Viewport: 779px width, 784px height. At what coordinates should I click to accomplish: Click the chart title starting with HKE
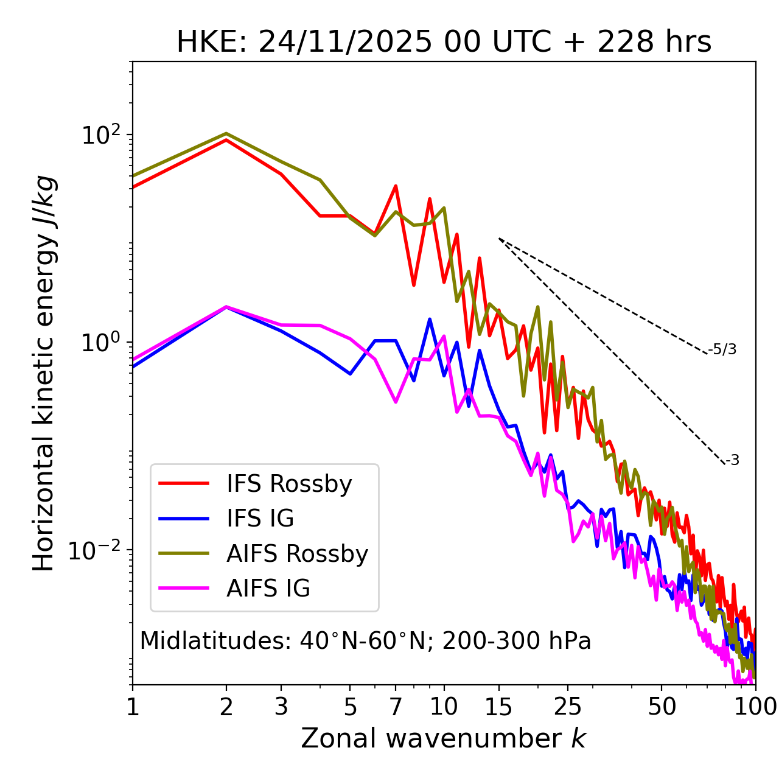click(x=444, y=43)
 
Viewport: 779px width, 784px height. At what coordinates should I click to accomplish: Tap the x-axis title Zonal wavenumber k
click(x=443, y=738)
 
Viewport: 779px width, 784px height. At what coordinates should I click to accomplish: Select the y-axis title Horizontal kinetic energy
click(x=44, y=373)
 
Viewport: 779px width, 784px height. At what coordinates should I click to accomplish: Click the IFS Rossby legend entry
click(x=289, y=484)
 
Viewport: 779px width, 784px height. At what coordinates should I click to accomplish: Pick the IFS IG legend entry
click(x=260, y=519)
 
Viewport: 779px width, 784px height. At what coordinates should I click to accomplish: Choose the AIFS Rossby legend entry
click(x=297, y=553)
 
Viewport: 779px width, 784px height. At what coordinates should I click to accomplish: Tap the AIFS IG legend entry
click(x=268, y=588)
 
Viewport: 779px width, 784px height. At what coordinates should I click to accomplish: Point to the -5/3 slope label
click(x=722, y=349)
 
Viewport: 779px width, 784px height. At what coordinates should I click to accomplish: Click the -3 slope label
click(x=732, y=460)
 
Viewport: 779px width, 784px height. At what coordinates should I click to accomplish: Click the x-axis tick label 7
click(x=396, y=707)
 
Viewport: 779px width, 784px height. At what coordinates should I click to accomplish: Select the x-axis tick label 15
click(x=498, y=707)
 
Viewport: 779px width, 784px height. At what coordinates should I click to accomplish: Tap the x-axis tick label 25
click(x=567, y=707)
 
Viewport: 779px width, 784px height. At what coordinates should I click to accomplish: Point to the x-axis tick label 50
click(x=662, y=707)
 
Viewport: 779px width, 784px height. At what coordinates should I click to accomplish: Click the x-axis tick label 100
click(x=755, y=707)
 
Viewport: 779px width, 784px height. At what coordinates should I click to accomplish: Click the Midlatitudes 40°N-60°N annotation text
click(x=365, y=641)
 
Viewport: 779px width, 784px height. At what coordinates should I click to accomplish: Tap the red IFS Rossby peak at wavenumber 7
click(x=396, y=186)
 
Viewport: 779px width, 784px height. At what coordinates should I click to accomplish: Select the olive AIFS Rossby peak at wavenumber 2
click(x=226, y=133)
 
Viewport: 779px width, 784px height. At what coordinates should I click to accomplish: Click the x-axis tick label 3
click(x=281, y=707)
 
